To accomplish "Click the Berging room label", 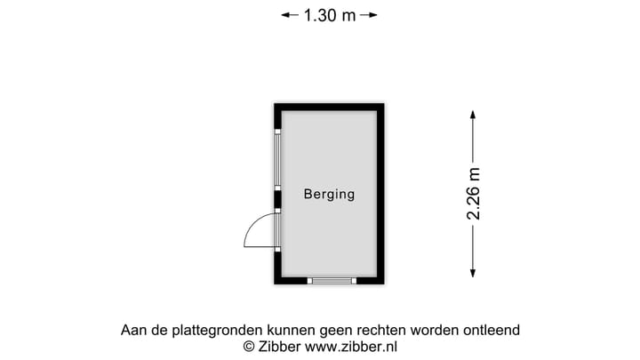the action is click(x=329, y=195).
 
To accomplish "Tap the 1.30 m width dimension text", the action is click(x=330, y=15).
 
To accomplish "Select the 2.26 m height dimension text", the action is click(x=474, y=194).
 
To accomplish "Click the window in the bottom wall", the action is click(x=332, y=281).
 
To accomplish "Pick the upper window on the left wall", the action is click(x=277, y=160).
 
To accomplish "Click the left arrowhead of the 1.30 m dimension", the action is click(x=285, y=15).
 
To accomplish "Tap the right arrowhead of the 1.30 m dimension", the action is click(x=373, y=15).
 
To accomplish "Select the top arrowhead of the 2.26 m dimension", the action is click(x=473, y=115).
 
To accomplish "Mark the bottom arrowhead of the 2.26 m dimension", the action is click(x=473, y=274).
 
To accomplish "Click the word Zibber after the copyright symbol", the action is click(x=280, y=347).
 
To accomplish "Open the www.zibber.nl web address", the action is click(x=351, y=347).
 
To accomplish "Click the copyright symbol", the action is click(x=249, y=347).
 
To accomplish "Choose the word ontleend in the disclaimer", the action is click(x=492, y=330).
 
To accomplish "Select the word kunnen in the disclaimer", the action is click(x=291, y=330).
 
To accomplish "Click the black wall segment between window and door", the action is click(x=277, y=200).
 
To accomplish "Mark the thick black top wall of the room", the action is click(x=329, y=108).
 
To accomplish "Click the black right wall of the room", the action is click(x=380, y=194).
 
